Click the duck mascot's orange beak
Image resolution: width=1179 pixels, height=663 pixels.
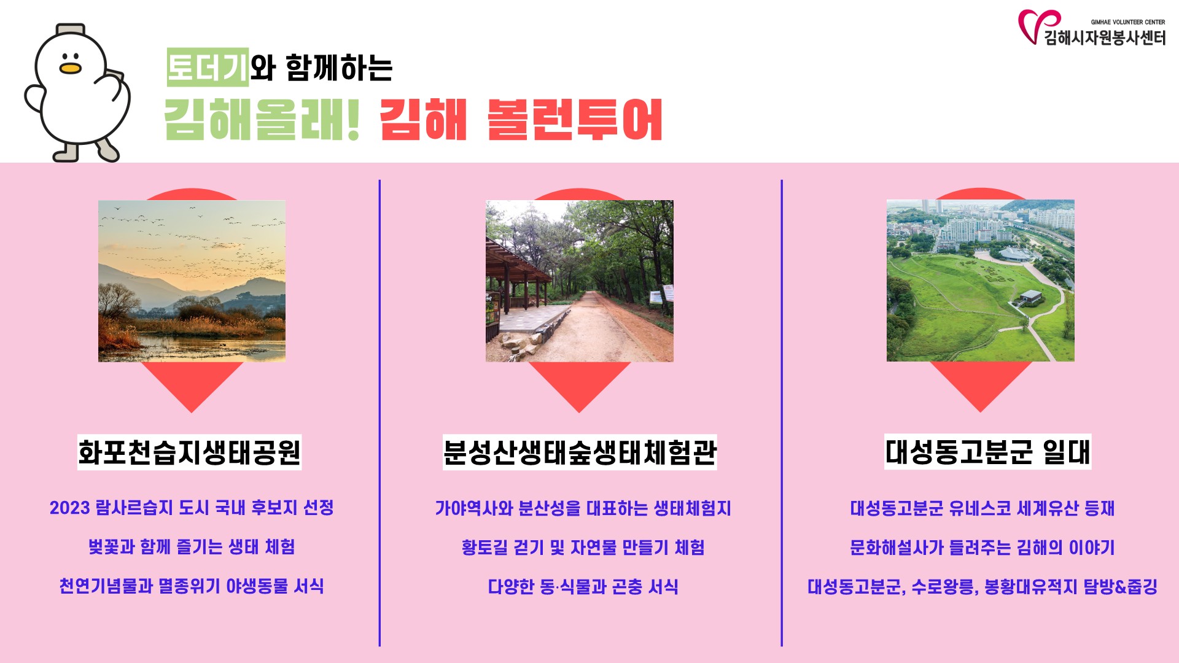[70, 68]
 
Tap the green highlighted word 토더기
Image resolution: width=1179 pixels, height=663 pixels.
[208, 67]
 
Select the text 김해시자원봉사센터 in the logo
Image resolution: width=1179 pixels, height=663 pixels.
[1105, 37]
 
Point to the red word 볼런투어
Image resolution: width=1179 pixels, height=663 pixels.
[575, 119]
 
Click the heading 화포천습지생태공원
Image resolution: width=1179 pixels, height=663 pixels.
[189, 452]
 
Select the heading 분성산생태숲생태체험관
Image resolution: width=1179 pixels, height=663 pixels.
[580, 452]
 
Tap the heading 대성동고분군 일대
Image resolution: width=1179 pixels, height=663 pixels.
[987, 452]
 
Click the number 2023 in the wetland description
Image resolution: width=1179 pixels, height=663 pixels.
[70, 508]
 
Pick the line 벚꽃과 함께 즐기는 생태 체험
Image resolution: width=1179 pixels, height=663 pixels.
[192, 547]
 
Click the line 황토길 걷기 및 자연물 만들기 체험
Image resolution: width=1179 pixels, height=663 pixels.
[583, 548]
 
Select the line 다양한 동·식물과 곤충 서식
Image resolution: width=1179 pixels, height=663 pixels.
[583, 587]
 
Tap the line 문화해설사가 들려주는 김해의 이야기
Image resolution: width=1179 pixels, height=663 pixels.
[982, 548]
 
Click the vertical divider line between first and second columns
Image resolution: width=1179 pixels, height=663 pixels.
[379, 413]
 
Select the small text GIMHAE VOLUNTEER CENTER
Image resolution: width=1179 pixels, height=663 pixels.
[1128, 22]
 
